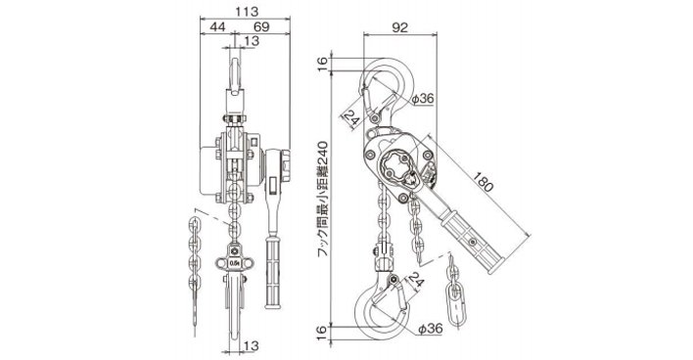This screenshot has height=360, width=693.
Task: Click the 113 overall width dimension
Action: tap(247, 11)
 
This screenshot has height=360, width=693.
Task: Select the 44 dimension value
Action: tap(217, 26)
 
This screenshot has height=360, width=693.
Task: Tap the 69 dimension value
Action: tap(261, 26)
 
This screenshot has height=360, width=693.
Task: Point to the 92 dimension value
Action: tap(399, 27)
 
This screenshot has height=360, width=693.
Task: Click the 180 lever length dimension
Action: tap(483, 182)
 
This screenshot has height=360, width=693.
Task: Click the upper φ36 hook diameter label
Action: tap(423, 99)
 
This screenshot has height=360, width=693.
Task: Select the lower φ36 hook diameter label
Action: tap(431, 328)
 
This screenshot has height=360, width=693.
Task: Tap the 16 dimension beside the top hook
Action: tap(323, 64)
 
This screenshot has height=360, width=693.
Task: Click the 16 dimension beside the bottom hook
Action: tap(323, 333)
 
